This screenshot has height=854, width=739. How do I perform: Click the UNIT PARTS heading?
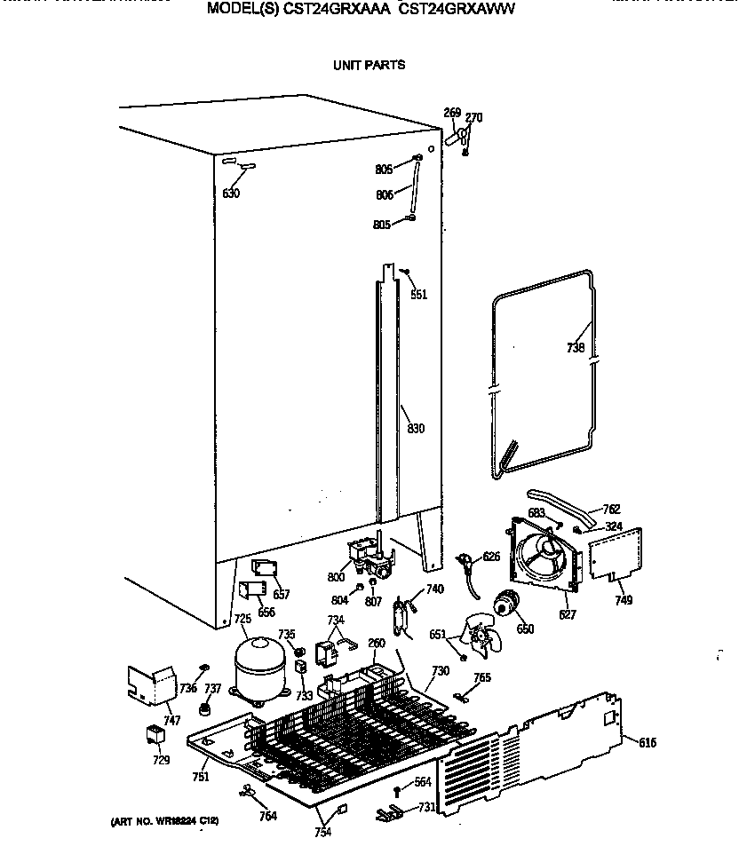pyautogui.click(x=369, y=65)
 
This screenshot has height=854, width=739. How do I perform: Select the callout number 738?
pyautogui.click(x=576, y=348)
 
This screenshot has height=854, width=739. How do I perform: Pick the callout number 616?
pyautogui.click(x=647, y=742)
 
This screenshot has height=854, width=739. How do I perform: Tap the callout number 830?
pyautogui.click(x=415, y=429)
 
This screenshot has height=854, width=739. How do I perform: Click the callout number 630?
pyautogui.click(x=231, y=194)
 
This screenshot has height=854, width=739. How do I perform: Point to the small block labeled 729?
pyautogui.click(x=156, y=734)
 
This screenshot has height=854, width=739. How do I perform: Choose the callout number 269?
pyautogui.click(x=452, y=113)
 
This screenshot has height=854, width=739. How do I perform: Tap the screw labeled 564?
pyautogui.click(x=397, y=789)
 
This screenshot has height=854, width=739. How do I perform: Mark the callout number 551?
pyautogui.click(x=418, y=295)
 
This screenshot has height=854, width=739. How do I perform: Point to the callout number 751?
pyautogui.click(x=202, y=777)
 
